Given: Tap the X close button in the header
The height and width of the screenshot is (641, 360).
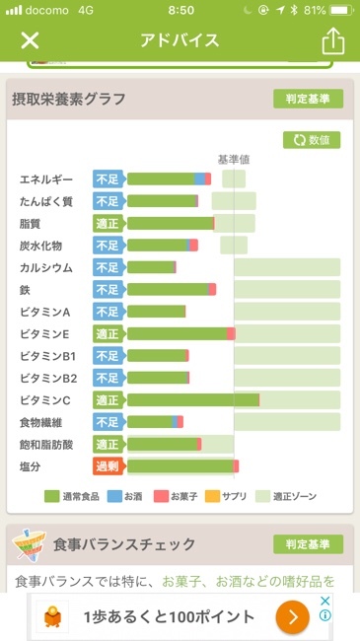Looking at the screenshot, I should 30,40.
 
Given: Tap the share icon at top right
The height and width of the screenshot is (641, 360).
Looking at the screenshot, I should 332,40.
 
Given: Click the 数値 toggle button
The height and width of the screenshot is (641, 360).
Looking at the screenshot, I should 312,140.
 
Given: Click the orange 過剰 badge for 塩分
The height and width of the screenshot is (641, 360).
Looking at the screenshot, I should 108,466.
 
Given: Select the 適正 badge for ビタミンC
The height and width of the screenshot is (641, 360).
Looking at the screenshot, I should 108,400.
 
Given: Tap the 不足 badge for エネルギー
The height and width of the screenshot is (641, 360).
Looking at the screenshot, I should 108,178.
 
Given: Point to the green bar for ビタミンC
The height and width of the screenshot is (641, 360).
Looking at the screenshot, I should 192,400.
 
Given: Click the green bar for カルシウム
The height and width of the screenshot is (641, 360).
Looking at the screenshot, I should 150,267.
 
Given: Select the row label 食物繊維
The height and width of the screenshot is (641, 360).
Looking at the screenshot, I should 46,422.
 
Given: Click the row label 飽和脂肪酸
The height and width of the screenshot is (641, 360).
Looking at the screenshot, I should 46,445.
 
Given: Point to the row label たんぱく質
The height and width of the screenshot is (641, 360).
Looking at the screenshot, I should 46,201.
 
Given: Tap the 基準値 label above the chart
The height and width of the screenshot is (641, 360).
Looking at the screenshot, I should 234,159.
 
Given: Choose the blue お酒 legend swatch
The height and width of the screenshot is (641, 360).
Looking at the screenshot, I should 114,497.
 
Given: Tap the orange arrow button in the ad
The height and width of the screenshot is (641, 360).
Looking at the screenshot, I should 292,617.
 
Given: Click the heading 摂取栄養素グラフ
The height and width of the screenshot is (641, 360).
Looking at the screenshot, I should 68,99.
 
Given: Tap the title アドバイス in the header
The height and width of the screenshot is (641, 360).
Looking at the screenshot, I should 180,40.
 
